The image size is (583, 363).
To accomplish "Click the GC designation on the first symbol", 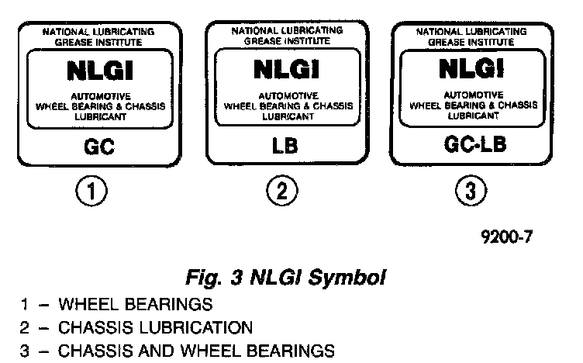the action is (99, 147).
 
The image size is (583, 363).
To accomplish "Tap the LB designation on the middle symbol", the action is (285, 146).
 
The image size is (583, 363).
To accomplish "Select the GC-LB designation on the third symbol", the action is (474, 144).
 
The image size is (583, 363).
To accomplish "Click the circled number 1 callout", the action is (91, 191).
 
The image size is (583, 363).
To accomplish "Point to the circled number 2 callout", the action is (282, 191).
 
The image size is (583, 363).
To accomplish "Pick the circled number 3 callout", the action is (471, 191).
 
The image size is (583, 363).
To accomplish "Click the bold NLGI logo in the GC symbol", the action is (100, 71).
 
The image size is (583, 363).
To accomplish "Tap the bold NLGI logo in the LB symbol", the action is (286, 70).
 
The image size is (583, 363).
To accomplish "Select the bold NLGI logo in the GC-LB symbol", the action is (471, 68).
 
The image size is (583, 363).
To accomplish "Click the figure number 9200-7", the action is (507, 237).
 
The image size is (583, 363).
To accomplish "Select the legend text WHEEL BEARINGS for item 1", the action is (136, 304).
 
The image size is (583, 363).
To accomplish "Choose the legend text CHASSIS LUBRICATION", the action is (155, 327).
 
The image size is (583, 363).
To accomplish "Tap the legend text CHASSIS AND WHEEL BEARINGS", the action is (196, 351).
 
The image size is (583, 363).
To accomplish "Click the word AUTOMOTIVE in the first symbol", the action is (101, 97).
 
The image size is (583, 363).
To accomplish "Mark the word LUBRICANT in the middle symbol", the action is (288, 116).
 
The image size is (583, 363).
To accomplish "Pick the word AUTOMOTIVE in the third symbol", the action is (474, 95).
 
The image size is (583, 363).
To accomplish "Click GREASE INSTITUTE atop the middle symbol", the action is (287, 41).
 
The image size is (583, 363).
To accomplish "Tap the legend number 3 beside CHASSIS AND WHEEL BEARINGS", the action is (24, 351).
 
